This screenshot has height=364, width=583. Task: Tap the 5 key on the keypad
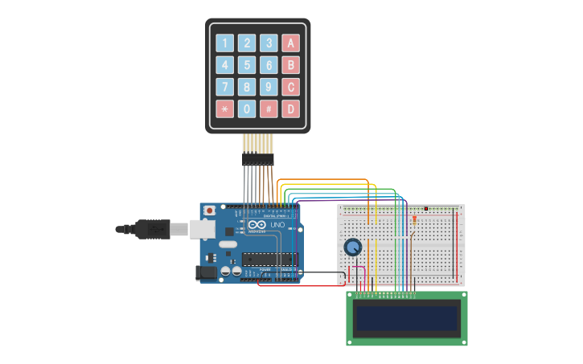(247, 65)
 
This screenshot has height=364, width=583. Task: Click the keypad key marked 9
(269, 87)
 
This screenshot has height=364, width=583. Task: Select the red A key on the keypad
(290, 43)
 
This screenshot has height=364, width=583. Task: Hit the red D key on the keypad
(290, 108)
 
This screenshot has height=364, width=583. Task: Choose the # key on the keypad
(269, 108)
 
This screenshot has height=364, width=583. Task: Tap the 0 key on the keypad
(247, 108)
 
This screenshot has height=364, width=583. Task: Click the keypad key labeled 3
(269, 43)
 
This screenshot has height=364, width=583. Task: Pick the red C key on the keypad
(290, 87)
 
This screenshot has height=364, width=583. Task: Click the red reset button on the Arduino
(210, 211)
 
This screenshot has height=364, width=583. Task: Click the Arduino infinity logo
(255, 226)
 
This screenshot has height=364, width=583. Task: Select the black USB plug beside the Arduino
(153, 229)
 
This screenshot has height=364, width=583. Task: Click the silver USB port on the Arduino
(202, 229)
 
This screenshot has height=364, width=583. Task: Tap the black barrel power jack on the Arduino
(206, 273)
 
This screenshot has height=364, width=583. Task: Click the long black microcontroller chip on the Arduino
(265, 258)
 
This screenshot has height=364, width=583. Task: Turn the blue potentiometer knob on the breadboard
(352, 247)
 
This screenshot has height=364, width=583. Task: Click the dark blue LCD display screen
(406, 318)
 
